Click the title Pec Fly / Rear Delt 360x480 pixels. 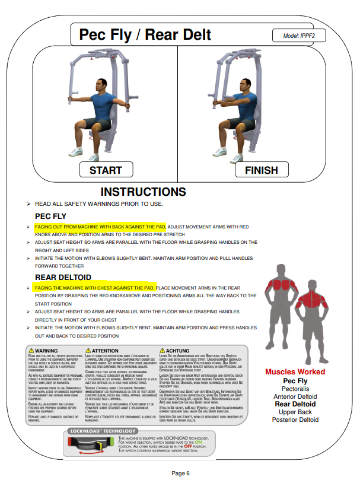coord(145,34)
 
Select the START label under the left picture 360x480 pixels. coord(105,170)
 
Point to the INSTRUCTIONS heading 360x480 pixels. coord(143,192)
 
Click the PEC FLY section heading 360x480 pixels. coord(51,216)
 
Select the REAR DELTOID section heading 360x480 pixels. coord(63,276)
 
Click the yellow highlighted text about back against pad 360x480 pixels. coord(100,227)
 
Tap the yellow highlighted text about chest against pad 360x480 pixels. coord(94,287)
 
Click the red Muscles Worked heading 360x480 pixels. coord(295,372)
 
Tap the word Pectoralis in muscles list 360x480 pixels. coord(295,389)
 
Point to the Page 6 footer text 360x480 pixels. coord(180,473)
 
